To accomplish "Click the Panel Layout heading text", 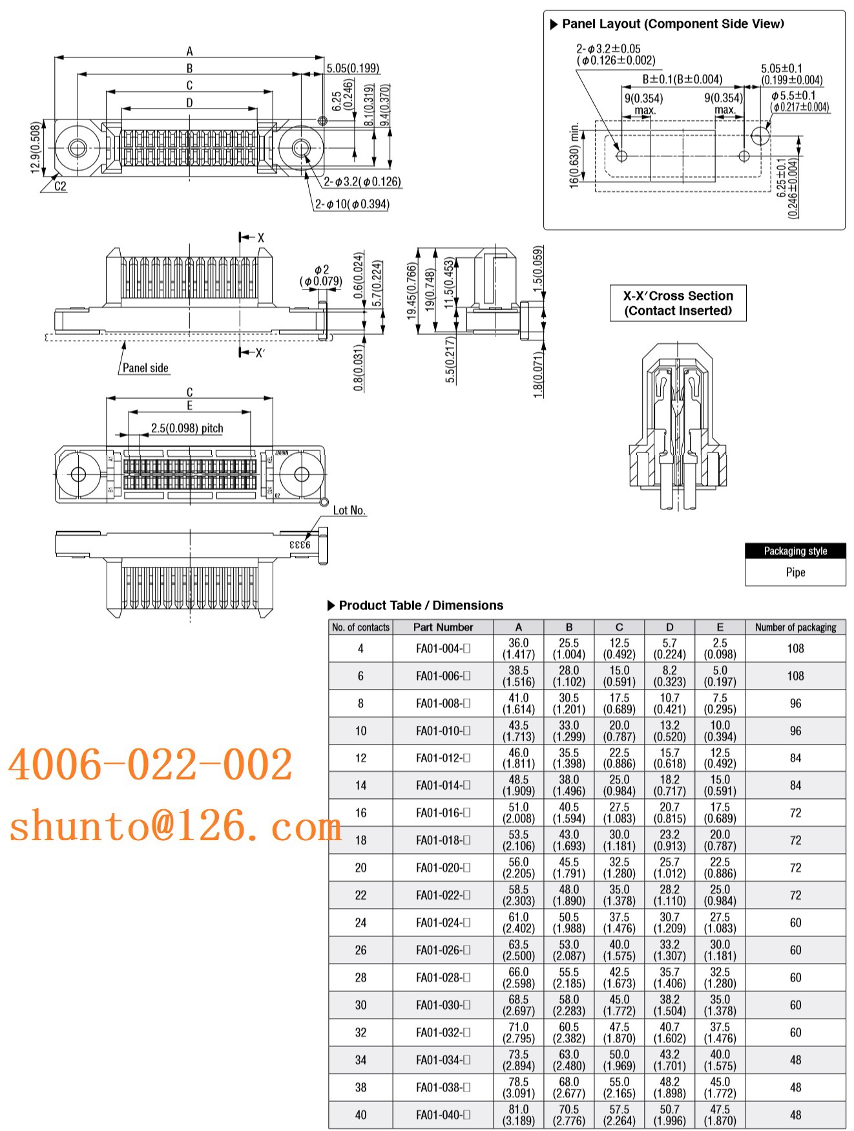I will pyautogui.click(x=672, y=24).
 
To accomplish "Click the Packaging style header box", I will pyautogui.click(x=795, y=551).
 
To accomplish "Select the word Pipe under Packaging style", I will pyautogui.click(x=795, y=572).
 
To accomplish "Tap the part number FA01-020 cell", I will pyautogui.click(x=443, y=867).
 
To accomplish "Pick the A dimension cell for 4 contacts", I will pyautogui.click(x=518, y=648).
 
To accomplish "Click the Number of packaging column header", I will pyautogui.click(x=795, y=627).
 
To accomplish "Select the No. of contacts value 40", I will pyautogui.click(x=360, y=1115).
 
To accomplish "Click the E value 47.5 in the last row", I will pyautogui.click(x=720, y=1115).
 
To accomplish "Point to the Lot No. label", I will pyautogui.click(x=349, y=511).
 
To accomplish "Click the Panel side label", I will pyautogui.click(x=145, y=368).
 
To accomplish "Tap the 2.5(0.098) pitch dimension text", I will pyautogui.click(x=187, y=428).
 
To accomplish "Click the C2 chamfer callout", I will pyautogui.click(x=60, y=186).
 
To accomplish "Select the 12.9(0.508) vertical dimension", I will pyautogui.click(x=36, y=148).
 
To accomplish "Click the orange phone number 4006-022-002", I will pyautogui.click(x=150, y=765).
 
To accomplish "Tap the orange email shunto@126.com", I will pyautogui.click(x=174, y=826).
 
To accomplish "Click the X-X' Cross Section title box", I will pyautogui.click(x=678, y=303).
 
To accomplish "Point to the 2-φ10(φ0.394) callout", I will pyautogui.click(x=352, y=204).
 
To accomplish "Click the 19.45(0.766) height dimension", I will pyautogui.click(x=411, y=291).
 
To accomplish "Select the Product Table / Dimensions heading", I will pyautogui.click(x=420, y=606).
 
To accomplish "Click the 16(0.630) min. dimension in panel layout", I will pyautogui.click(x=574, y=155).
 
